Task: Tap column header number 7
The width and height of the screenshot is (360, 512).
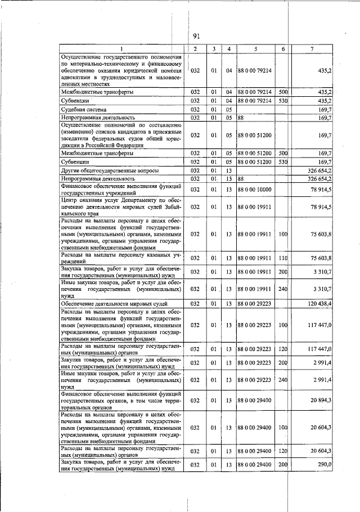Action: (x=312, y=49)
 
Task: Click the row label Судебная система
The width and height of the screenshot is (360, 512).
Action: (x=84, y=109)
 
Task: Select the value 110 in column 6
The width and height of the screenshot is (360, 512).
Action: (x=283, y=258)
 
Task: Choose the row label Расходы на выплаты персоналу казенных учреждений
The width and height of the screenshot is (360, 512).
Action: (x=121, y=258)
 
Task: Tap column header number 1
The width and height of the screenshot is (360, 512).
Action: (x=120, y=49)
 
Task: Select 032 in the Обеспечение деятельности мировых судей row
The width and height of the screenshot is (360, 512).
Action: (x=195, y=303)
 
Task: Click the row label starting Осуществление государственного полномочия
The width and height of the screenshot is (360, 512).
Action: (x=121, y=70)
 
